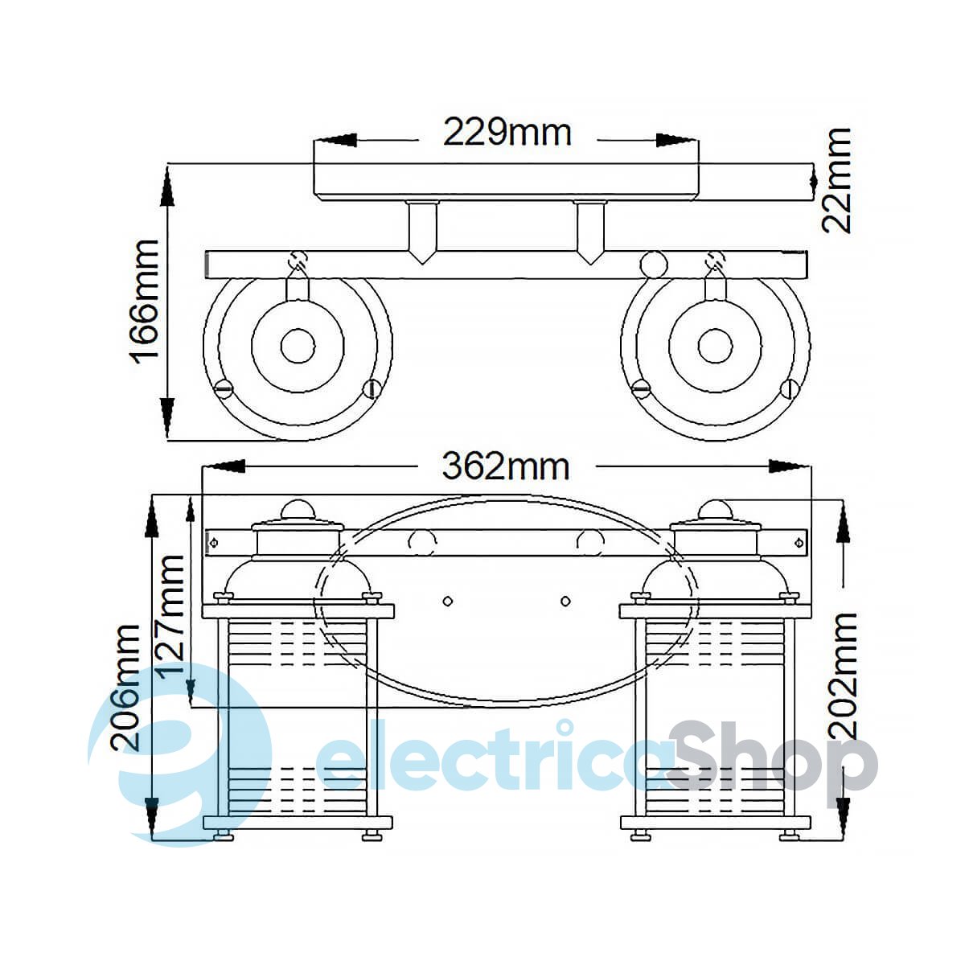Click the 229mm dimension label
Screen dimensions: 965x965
tap(507, 132)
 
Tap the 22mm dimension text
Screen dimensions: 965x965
tap(836, 180)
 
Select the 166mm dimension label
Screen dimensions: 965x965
tap(144, 299)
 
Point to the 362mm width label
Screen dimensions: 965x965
tap(506, 466)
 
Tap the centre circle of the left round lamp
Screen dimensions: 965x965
tap(298, 347)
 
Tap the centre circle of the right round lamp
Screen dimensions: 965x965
tap(715, 347)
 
